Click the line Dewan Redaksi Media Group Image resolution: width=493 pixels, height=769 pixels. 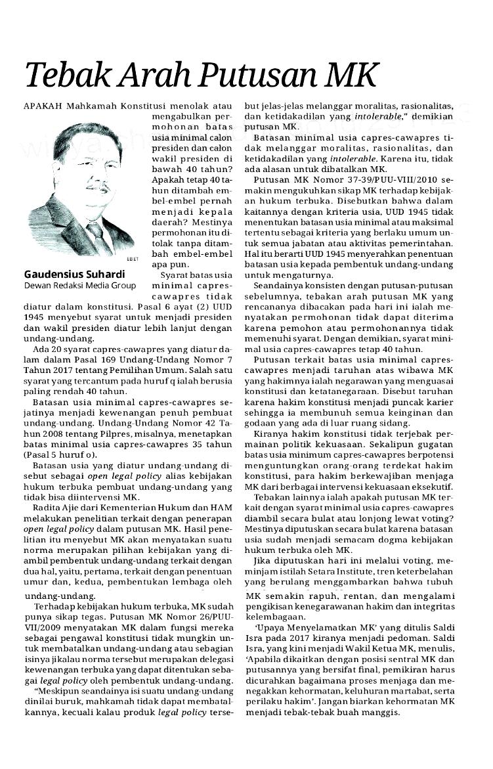pyautogui.click(x=79, y=286)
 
